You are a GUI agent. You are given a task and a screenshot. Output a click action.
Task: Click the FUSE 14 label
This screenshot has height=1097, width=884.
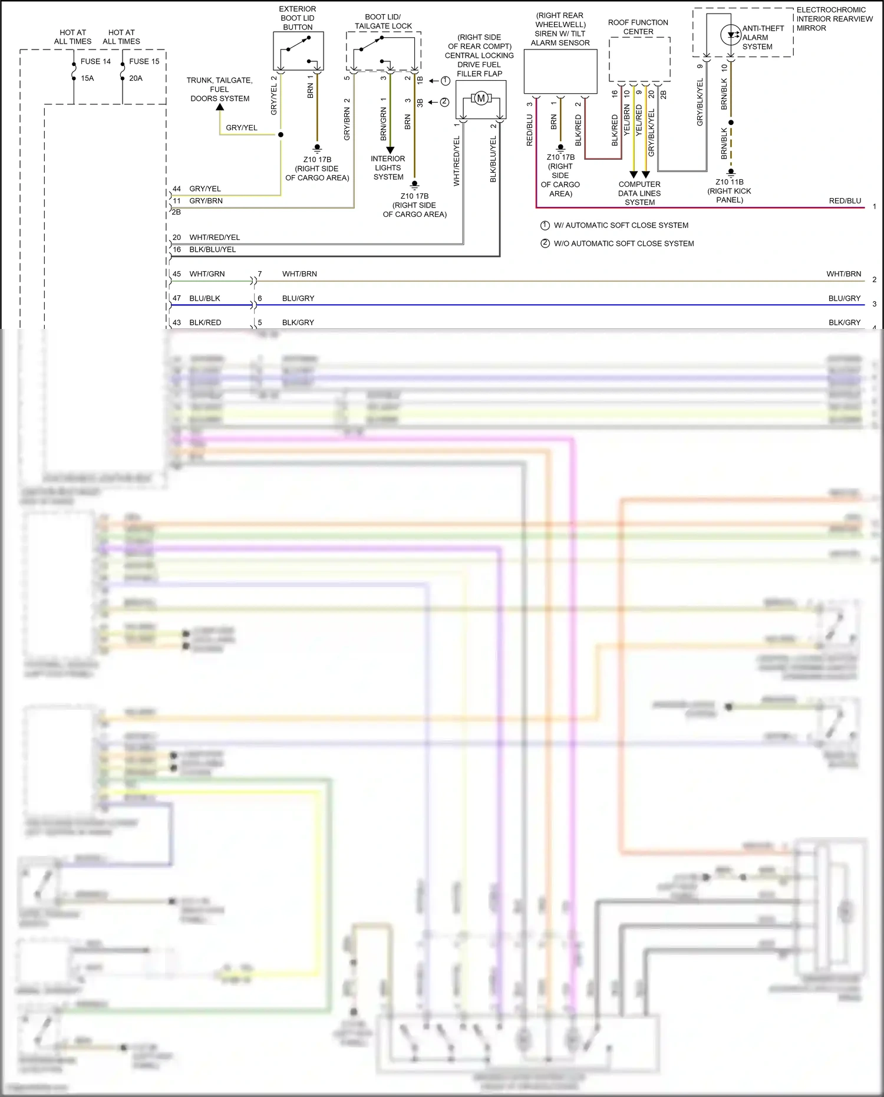click(95, 61)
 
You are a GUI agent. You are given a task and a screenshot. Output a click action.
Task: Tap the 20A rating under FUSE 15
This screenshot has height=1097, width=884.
click(136, 78)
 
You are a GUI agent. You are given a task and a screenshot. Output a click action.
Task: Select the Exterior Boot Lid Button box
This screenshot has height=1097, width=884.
click(298, 51)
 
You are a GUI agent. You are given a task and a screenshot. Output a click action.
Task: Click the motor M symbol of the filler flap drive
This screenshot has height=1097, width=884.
click(481, 98)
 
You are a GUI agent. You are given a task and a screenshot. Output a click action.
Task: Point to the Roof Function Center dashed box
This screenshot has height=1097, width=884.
click(639, 59)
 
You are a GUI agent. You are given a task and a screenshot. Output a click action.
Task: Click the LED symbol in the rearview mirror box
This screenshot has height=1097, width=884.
click(731, 35)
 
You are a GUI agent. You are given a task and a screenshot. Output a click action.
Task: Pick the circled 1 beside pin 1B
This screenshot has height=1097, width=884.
click(446, 81)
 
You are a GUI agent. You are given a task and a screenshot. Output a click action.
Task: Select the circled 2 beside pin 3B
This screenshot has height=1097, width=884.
click(444, 102)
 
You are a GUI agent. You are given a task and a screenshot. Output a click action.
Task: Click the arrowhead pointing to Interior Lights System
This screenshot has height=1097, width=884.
click(390, 150)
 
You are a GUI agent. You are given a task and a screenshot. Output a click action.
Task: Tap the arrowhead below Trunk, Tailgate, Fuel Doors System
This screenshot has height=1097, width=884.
click(220, 107)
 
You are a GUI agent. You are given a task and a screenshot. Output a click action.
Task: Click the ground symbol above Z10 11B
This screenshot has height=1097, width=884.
click(731, 172)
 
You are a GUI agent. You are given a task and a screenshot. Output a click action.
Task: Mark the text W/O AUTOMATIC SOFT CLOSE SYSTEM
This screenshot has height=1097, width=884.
click(624, 243)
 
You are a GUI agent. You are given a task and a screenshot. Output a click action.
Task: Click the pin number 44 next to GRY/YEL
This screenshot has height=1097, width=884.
click(177, 189)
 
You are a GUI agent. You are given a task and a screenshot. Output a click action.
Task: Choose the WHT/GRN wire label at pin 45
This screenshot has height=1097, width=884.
click(207, 274)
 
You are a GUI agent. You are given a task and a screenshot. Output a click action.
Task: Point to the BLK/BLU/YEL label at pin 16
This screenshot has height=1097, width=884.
click(212, 249)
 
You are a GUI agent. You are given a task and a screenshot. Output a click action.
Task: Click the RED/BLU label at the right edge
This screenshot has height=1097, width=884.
click(845, 201)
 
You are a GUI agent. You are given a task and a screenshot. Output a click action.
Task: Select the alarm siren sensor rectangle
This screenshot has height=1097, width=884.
click(560, 71)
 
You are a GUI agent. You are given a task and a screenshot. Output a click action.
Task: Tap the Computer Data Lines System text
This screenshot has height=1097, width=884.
click(639, 193)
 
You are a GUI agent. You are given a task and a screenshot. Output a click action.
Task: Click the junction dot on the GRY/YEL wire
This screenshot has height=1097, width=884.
click(281, 134)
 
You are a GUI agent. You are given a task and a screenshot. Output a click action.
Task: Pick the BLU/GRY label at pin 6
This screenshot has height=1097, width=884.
click(298, 298)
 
